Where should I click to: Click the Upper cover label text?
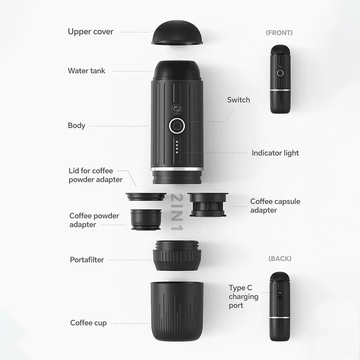(91, 32)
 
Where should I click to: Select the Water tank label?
(87, 71)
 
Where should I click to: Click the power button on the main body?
(177, 126)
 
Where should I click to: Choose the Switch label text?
(238, 100)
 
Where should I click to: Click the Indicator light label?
(275, 153)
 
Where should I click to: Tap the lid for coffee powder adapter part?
(146, 197)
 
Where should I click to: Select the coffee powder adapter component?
(146, 219)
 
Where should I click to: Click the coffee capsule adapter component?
(208, 205)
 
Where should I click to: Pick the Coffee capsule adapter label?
(275, 206)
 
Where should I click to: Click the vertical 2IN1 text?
(177, 212)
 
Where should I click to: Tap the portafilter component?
(177, 256)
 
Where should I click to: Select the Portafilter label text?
(87, 260)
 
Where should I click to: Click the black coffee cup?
(177, 311)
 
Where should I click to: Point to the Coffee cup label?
(88, 323)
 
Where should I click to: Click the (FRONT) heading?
(279, 33)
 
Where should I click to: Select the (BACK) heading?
(280, 259)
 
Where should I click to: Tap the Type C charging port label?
(243, 297)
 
